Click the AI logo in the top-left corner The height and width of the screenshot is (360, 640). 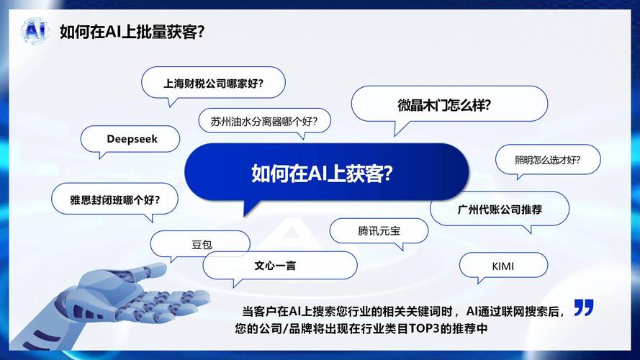(x=34, y=31)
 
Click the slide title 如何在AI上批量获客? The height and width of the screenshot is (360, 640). (x=132, y=32)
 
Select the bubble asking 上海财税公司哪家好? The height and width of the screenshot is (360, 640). (x=213, y=82)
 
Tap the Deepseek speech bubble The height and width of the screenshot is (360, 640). (x=132, y=139)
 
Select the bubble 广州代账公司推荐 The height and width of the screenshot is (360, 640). (x=500, y=210)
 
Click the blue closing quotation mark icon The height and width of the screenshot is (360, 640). (x=584, y=307)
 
